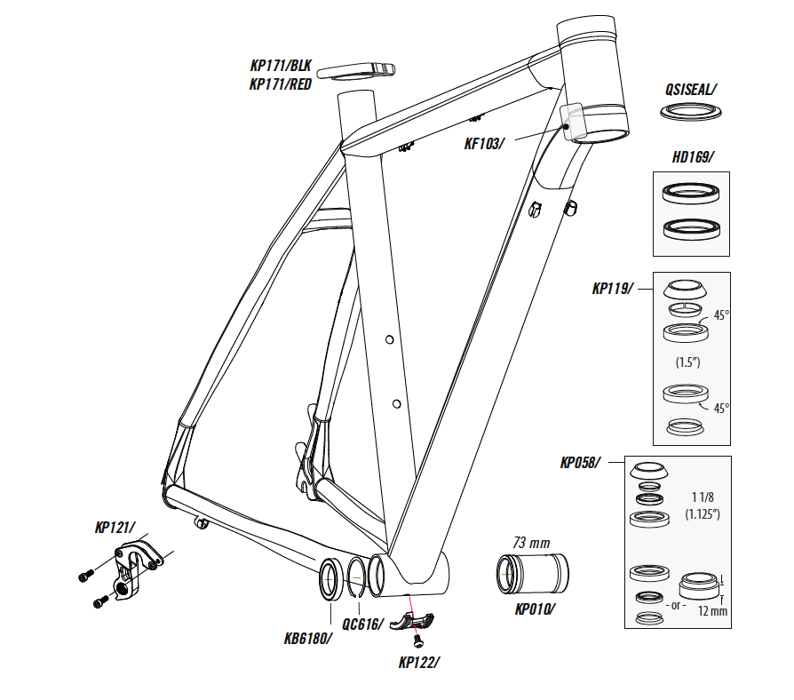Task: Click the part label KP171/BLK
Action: [281, 64]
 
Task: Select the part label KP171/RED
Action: [281, 85]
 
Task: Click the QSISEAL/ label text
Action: [690, 89]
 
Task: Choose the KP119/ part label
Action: [614, 289]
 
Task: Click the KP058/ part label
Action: [580, 463]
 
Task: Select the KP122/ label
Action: [419, 662]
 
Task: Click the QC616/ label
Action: [362, 624]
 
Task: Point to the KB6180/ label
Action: [308, 637]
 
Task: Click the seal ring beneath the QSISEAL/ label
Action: [691, 112]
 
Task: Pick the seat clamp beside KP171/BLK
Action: [358, 71]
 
